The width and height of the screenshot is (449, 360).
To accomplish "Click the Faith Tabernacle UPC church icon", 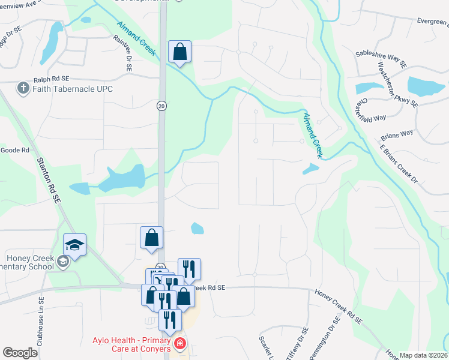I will tap(23, 89).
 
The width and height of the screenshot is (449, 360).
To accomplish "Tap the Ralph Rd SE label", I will tap(52, 78).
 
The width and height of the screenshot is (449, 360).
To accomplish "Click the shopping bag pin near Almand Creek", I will tap(180, 52).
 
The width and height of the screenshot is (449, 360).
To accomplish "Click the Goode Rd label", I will tap(15, 150).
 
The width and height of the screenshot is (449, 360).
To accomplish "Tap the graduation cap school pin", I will tap(74, 245).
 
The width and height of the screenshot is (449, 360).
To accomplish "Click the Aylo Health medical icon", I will tap(179, 344).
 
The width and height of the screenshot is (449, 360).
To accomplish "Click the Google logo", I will tap(20, 353).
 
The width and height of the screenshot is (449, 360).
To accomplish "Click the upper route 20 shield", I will tap(161, 106).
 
